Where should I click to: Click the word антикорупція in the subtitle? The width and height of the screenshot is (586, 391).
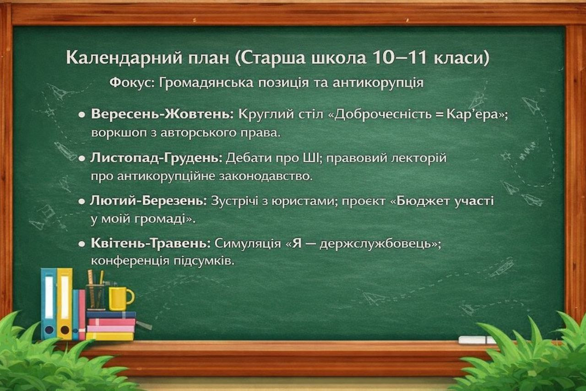click(378, 83)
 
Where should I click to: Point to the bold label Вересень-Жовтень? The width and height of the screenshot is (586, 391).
click(162, 114)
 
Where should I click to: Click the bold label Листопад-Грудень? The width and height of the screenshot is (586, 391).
click(156, 158)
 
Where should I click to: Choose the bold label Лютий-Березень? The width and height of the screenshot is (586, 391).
click(149, 201)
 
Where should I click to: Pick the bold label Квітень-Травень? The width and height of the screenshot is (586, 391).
click(151, 243)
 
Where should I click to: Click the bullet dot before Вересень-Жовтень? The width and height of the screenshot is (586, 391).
click(82, 115)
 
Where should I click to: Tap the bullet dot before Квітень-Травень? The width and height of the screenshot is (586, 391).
click(82, 244)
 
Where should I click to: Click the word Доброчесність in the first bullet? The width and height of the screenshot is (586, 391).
click(383, 114)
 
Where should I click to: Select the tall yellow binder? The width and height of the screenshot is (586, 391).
click(65, 304)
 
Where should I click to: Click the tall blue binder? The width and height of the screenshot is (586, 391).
click(49, 304)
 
